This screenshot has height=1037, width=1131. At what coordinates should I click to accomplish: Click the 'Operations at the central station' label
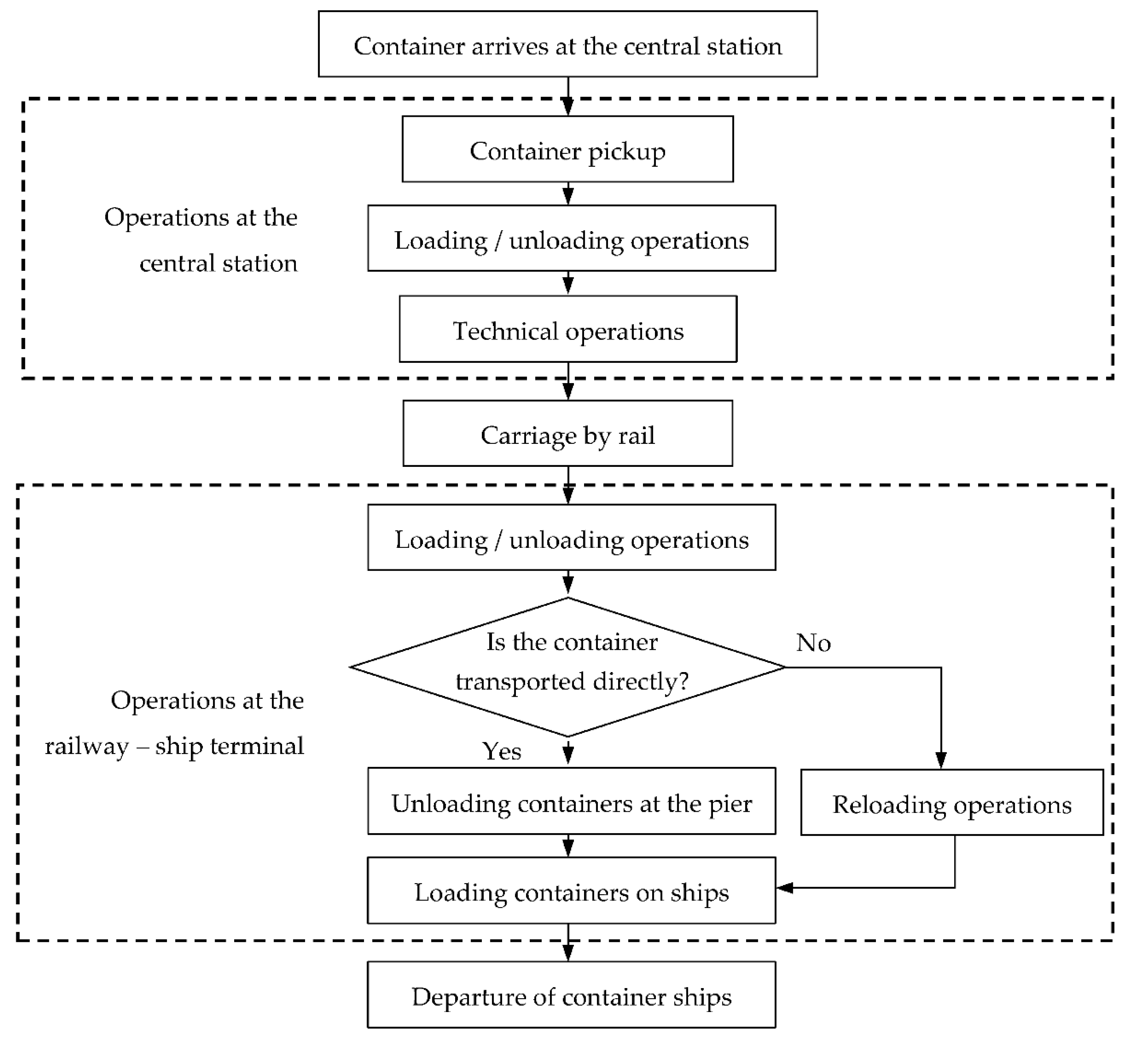click(202, 240)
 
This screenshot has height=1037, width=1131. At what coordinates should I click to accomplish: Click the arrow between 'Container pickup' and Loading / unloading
click(568, 194)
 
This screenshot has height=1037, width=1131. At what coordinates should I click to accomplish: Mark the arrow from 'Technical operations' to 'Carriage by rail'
click(568, 381)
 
